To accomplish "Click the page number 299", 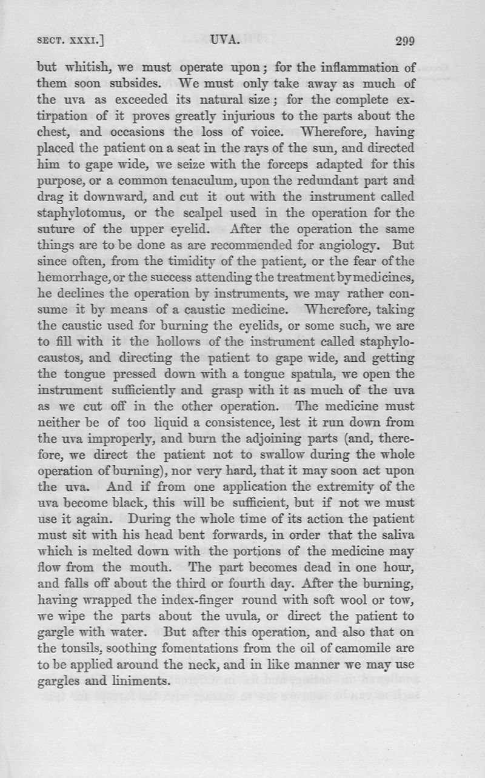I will [404, 42].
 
